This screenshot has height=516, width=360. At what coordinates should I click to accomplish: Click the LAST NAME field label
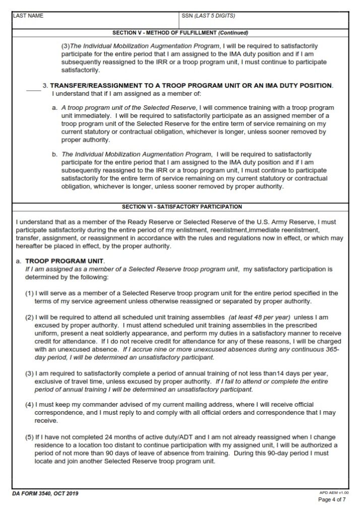pos(28,16)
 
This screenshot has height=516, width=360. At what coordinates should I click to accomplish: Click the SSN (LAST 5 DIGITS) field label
pos(208,16)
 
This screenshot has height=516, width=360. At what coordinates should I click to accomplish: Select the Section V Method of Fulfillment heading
pos(180,33)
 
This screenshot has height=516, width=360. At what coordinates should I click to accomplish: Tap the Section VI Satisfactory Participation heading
pos(182,207)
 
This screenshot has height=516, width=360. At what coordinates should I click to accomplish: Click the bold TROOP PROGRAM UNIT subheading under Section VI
pos(65,262)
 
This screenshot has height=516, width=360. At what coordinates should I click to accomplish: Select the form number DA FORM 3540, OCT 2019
pos(45,493)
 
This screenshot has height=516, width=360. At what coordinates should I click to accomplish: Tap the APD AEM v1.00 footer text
pos(334,491)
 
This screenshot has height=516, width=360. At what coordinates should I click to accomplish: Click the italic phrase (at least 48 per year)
pos(259,318)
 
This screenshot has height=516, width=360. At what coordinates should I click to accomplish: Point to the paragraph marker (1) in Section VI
pos(29,293)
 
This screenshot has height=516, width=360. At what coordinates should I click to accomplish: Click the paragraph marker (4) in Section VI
pos(29,405)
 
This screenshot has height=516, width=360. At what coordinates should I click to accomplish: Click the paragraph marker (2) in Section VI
pos(29,318)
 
